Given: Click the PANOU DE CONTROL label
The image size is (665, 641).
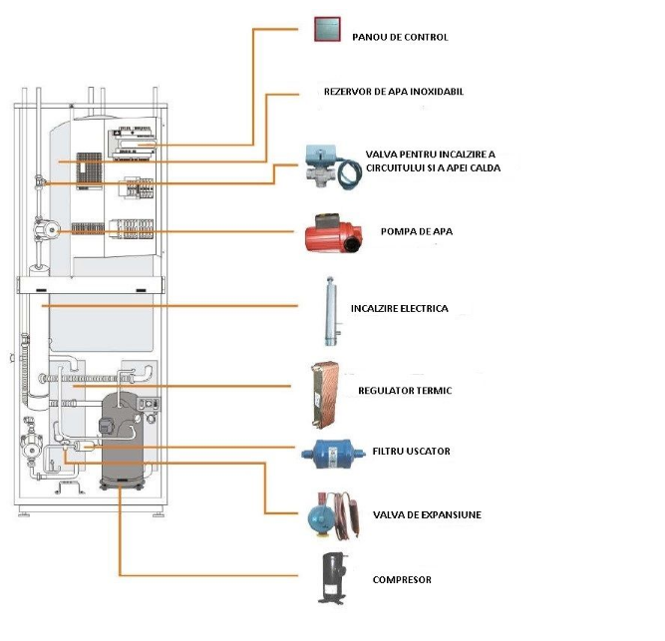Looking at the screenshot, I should pos(400,38).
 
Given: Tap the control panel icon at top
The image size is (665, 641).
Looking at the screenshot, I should pos(328,30).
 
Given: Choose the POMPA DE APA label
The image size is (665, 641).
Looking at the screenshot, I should pos(417,231).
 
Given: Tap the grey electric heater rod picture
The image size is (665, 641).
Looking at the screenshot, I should pos(328,309).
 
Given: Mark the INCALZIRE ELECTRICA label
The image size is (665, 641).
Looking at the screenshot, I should pos(399,309).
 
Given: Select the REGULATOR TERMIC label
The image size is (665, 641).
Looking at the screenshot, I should pos(406,391).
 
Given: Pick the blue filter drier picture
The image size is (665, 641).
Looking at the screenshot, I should pos(328,452).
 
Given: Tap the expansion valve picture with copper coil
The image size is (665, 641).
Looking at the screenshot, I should pos(329,512).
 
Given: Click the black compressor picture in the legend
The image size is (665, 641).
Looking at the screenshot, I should pos(329,578).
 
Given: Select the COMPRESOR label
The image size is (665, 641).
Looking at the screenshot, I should pos(402,579).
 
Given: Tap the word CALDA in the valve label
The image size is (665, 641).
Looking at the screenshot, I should pos(483,168).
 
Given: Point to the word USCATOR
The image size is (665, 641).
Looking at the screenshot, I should pos(429,452).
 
